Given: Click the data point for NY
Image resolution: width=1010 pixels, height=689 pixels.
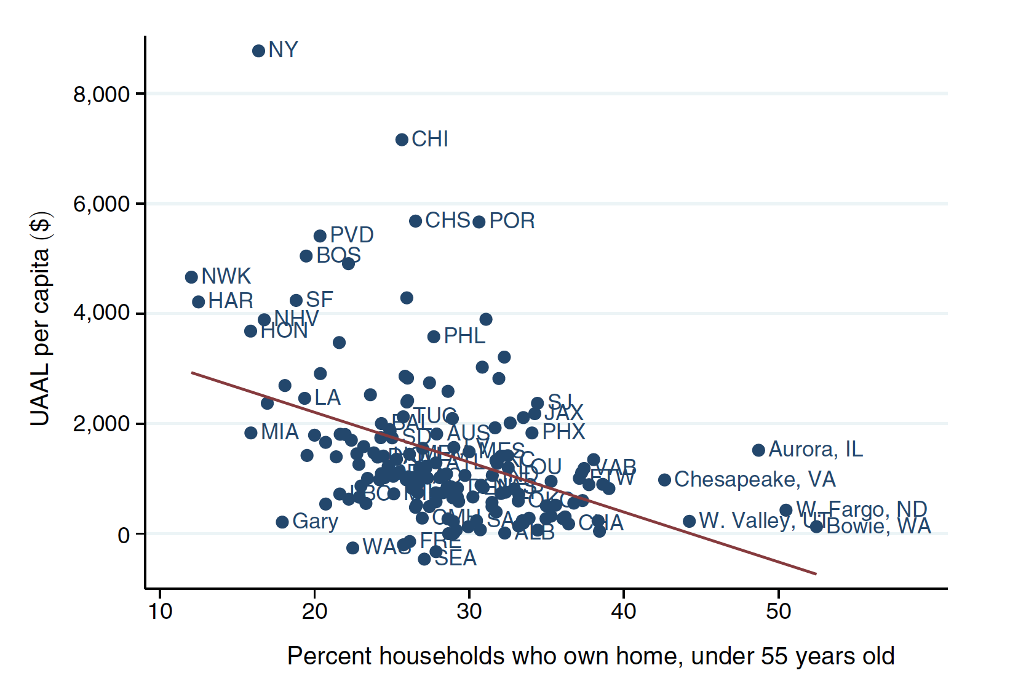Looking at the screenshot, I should click(x=258, y=51).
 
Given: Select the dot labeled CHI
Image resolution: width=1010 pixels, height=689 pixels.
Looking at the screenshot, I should click(x=402, y=140).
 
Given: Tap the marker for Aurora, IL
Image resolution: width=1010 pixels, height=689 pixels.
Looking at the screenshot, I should click(x=758, y=450).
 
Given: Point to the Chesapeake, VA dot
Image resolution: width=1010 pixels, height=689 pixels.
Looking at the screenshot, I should click(x=664, y=480).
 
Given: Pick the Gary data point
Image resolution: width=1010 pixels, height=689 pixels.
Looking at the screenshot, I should click(x=282, y=522).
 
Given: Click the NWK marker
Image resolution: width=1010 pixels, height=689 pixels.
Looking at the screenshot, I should click(x=191, y=277).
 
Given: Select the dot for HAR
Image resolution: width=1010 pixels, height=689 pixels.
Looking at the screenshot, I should click(x=198, y=302).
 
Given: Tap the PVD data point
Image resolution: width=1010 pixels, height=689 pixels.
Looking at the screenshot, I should click(x=320, y=236).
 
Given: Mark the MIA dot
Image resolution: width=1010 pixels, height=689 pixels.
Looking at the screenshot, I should click(x=250, y=433).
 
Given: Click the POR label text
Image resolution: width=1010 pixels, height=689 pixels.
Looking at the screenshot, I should click(x=512, y=221).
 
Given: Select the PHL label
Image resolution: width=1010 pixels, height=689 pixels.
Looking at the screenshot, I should click(x=464, y=336).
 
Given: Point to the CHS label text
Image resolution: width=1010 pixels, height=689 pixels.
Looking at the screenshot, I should click(x=447, y=220).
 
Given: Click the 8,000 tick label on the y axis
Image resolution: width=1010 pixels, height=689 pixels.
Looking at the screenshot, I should click(x=101, y=95).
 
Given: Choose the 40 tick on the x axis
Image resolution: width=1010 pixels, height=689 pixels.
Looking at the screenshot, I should click(x=624, y=611).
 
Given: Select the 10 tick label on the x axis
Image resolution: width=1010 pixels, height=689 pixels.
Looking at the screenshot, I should click(x=160, y=611).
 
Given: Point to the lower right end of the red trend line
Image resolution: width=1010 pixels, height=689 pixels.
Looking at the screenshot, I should click(x=816, y=574).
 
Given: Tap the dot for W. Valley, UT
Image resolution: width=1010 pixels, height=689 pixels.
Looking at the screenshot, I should click(x=689, y=522).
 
